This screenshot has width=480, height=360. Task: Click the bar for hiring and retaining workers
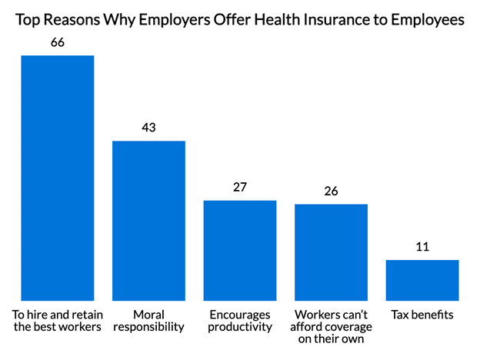point(57,178)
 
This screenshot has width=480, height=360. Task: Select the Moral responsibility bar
point(148,221)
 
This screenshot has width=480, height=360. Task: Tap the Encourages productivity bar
point(239,250)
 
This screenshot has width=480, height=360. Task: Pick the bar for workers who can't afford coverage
point(331,252)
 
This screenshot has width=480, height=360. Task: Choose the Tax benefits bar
point(422,280)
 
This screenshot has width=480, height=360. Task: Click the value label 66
point(57,42)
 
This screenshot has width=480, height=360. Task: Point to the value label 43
point(148,128)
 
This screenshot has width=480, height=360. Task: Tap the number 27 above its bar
point(239,187)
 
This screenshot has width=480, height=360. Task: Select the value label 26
point(331,191)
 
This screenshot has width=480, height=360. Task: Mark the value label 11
point(422,247)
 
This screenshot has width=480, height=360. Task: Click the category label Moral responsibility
point(148,321)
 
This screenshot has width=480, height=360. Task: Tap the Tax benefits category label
point(422,315)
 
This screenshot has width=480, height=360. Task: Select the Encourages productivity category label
point(239,321)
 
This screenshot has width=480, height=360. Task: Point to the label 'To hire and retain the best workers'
point(57,321)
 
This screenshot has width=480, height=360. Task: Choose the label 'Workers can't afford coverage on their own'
point(331,327)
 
